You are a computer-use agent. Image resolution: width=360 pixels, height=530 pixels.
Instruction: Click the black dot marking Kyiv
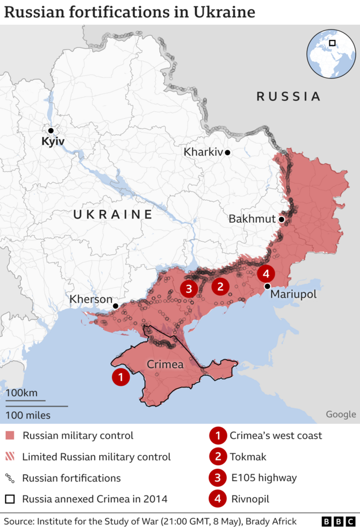[x=51, y=131]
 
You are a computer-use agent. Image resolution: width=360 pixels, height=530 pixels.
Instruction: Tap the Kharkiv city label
[x=202, y=152]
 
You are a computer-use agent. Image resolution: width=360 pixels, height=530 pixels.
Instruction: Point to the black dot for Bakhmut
[x=281, y=219]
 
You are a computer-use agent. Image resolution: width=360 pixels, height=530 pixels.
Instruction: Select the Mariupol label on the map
[x=293, y=294]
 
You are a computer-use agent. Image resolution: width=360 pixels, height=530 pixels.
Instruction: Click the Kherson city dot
[x=116, y=306]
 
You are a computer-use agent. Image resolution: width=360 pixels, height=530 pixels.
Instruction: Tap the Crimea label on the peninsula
[x=165, y=364]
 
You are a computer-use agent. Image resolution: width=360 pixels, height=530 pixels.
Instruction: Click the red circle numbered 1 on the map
[x=120, y=378]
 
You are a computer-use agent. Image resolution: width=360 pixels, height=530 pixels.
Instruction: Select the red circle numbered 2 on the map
[x=220, y=285]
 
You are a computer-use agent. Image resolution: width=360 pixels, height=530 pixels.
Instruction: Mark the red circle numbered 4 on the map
[x=266, y=273]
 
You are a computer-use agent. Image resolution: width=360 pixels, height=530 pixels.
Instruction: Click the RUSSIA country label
[x=288, y=96]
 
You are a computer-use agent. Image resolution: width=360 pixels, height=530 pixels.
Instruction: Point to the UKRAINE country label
[x=112, y=215]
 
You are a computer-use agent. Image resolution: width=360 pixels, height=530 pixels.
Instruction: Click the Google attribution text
[x=340, y=414]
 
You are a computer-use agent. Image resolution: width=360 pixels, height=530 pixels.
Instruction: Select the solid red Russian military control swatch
[x=10, y=435]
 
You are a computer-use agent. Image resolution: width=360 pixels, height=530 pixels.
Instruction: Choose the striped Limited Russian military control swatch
[x=10, y=457]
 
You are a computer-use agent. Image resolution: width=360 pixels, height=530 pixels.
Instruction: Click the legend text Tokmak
[x=249, y=457]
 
